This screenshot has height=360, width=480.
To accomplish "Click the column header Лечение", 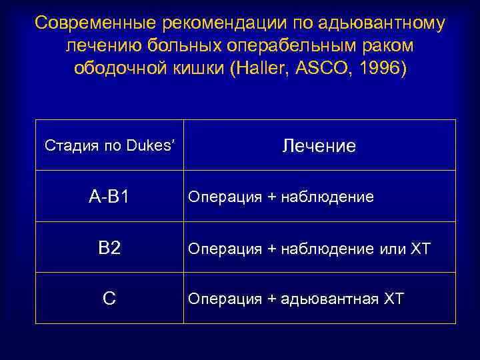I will click(x=319, y=146).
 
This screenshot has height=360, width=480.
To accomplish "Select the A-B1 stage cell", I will click(x=109, y=197).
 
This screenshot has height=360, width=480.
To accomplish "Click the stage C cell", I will click(x=109, y=299).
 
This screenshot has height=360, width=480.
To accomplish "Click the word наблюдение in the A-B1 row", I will click(x=328, y=197).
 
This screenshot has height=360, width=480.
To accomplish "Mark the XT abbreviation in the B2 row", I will click(x=420, y=249).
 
